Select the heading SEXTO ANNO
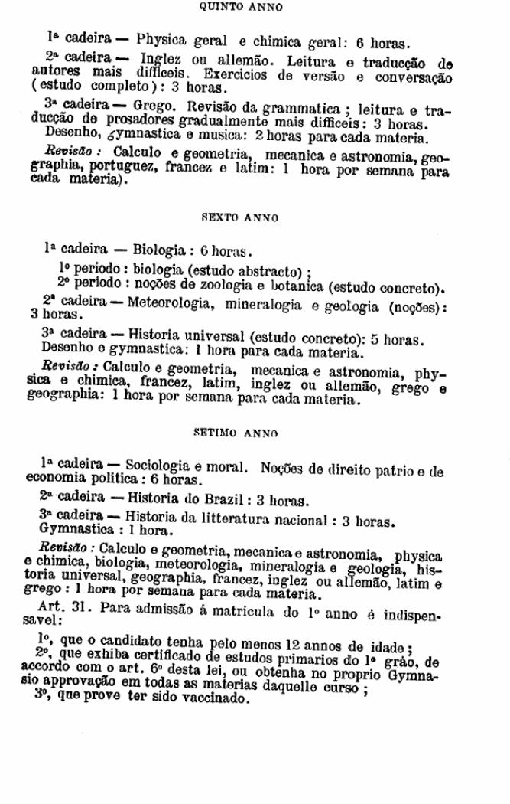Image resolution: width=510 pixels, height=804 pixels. [239, 218]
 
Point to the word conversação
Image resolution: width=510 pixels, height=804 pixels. [414, 77]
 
